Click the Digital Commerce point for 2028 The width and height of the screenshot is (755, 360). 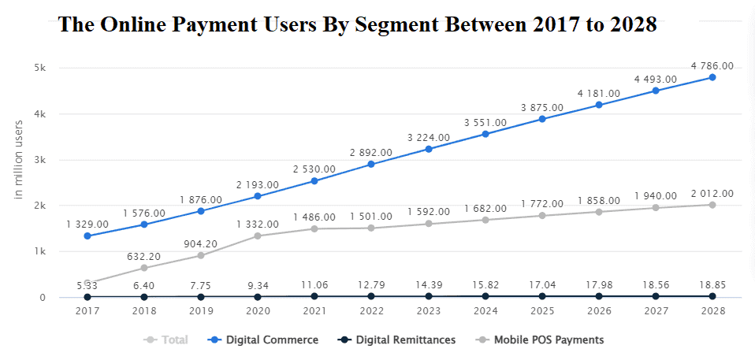pyautogui.click(x=712, y=77)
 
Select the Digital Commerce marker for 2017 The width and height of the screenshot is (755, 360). pyautogui.click(x=87, y=236)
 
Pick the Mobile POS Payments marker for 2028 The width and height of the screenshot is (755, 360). pyautogui.click(x=712, y=205)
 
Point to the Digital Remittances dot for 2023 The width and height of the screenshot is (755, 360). pyautogui.click(x=429, y=296)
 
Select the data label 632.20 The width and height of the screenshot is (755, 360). pyautogui.click(x=143, y=256)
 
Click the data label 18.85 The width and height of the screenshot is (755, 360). pyautogui.click(x=712, y=284)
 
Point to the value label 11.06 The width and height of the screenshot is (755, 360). pyautogui.click(x=314, y=284)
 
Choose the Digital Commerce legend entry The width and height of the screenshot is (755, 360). pyautogui.click(x=265, y=340)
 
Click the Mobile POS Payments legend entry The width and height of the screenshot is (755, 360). pyautogui.click(x=541, y=340)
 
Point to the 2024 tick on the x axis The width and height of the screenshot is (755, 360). pyautogui.click(x=485, y=311)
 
